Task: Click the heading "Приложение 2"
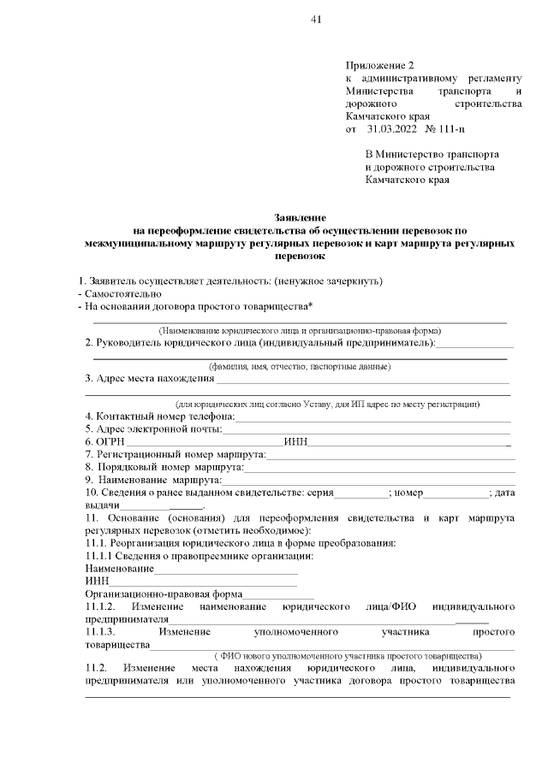(x=379, y=65)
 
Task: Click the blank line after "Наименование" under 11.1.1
(x=226, y=569)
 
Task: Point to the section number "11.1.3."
(x=104, y=632)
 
